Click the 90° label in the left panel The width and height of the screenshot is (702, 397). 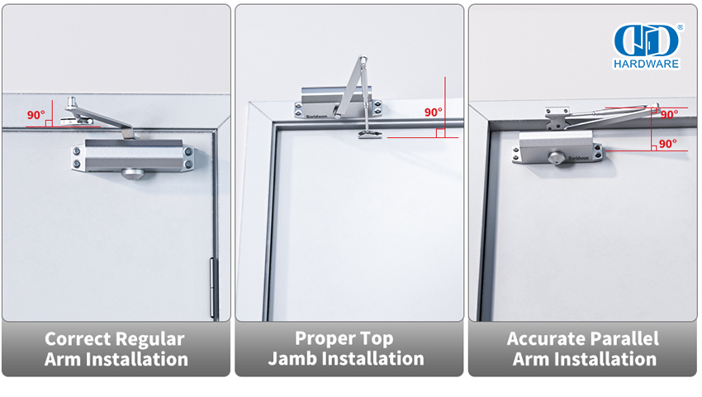point(36,115)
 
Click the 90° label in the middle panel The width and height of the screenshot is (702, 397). point(434,112)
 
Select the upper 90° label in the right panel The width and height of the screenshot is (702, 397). point(668,115)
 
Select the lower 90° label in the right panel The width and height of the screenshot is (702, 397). point(667,144)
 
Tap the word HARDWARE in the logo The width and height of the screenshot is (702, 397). point(646,63)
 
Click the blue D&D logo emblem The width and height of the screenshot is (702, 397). point(646,40)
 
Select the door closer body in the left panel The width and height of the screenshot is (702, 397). point(132,155)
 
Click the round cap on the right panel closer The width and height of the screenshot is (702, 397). point(558,157)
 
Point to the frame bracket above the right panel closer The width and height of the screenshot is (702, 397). point(557,117)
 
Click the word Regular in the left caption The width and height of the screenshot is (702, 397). point(149,339)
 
